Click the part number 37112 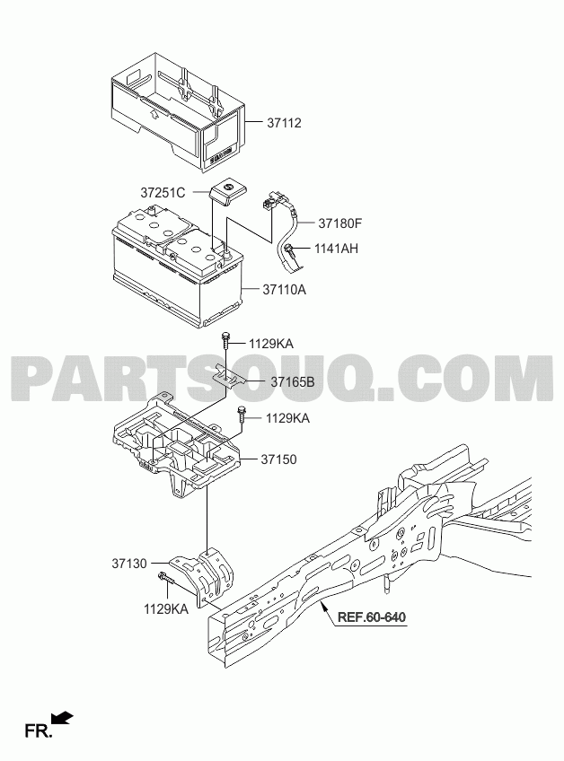click(284, 123)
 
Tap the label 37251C click(163, 193)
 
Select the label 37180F click(340, 223)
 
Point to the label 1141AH click(336, 249)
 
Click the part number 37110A click(284, 290)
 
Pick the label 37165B click(293, 382)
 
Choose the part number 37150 click(278, 459)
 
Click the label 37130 click(129, 564)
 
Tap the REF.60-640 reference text click(372, 617)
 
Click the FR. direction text click(39, 731)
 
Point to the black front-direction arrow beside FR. click(62, 719)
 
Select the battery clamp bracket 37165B click(229, 373)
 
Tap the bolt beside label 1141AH click(289, 251)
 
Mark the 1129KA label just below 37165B click(287, 418)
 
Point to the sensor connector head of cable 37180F click(269, 201)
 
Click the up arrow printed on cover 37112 click(154, 115)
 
